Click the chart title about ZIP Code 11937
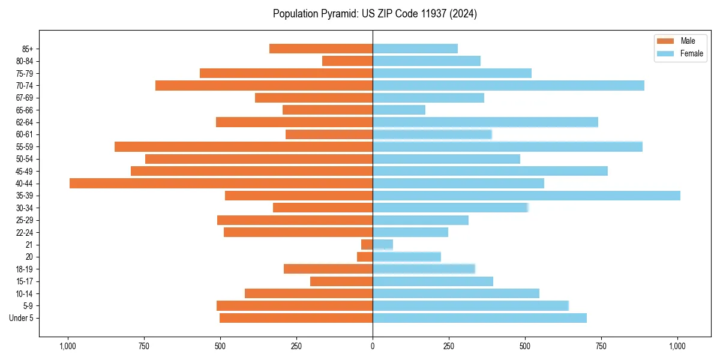click(374, 14)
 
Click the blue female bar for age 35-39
click(526, 196)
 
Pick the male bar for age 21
click(367, 244)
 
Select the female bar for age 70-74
click(508, 85)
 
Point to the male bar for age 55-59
click(244, 146)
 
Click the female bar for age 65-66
click(399, 110)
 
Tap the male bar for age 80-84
click(347, 61)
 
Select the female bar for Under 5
click(479, 318)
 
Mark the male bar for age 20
click(365, 257)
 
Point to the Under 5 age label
click(21, 318)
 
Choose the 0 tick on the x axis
click(373, 346)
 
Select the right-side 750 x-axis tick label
click(602, 346)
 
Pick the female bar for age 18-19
click(424, 269)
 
